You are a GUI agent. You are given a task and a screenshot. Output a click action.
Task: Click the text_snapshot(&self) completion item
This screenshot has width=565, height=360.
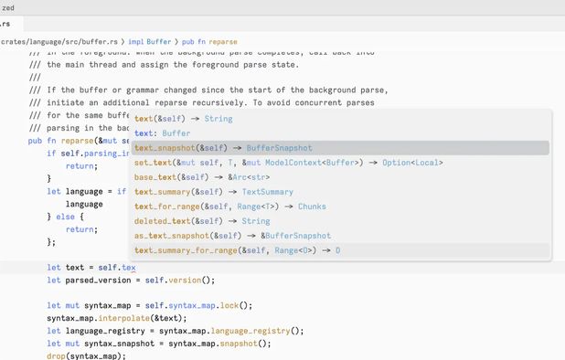222,148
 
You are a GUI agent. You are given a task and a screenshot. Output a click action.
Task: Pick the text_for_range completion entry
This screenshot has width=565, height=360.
229,206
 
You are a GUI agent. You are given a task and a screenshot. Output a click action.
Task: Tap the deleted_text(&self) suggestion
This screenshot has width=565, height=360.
202,221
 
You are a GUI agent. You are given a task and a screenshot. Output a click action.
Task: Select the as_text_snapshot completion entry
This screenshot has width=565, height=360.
232,236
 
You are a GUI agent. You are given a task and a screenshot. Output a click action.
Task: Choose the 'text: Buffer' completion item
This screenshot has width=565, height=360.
163,133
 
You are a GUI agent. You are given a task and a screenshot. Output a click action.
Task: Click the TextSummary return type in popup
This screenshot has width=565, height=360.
267,192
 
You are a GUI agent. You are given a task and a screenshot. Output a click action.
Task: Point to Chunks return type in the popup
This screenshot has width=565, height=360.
312,206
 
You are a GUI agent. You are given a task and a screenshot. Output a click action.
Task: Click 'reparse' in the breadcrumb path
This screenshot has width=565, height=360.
223,42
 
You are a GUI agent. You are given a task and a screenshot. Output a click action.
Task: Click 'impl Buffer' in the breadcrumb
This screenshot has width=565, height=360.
150,42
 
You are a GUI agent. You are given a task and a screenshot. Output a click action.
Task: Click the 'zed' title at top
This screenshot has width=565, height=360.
8,7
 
